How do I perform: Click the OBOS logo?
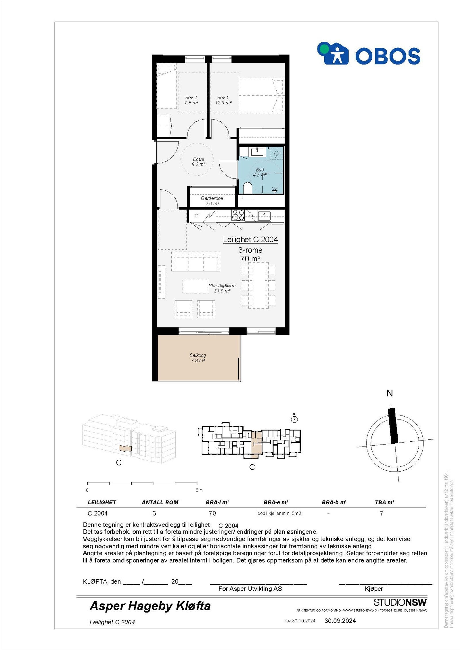click(369, 54)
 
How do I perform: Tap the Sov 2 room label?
click(191, 100)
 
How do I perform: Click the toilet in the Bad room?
click(248, 189)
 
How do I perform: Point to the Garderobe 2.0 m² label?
click(212, 201)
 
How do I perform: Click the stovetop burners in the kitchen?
click(238, 215)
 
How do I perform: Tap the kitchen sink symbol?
click(264, 215)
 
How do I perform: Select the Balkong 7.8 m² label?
click(198, 358)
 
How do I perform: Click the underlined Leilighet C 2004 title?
click(250, 240)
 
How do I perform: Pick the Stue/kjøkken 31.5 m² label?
click(222, 288)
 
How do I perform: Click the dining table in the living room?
click(258, 285)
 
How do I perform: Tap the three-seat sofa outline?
click(195, 261)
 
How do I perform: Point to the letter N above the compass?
click(390, 393)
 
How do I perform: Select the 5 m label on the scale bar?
click(199, 490)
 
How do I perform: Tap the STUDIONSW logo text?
click(400, 602)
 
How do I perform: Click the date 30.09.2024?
click(340, 621)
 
